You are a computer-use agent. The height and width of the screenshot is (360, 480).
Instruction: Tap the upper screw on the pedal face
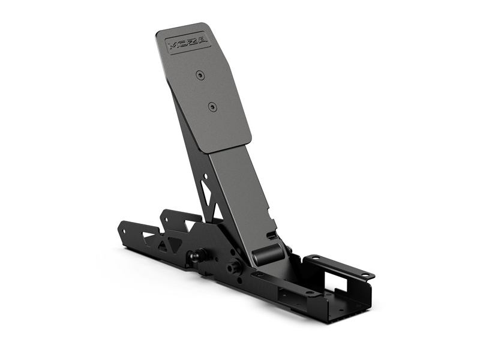[200, 75]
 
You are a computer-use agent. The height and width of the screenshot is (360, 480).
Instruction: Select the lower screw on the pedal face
[211, 107]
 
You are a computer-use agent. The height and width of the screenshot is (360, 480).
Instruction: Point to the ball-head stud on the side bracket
[195, 256]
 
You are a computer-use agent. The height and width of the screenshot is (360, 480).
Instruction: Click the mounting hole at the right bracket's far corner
[364, 275]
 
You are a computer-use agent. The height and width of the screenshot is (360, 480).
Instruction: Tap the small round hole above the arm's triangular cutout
[206, 177]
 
